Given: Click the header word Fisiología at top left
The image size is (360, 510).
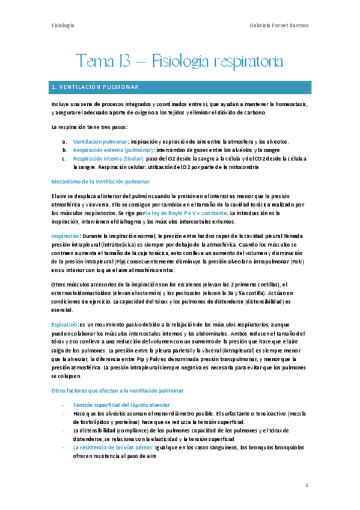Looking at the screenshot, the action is click(x=63, y=25).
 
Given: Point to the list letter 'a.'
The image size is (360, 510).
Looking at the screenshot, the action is click(x=64, y=141).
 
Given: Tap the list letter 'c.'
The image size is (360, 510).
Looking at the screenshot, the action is click(x=64, y=158).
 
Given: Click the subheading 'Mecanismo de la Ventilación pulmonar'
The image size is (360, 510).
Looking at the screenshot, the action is click(x=101, y=182).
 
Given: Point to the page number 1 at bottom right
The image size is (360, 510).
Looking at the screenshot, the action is click(x=306, y=485).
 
